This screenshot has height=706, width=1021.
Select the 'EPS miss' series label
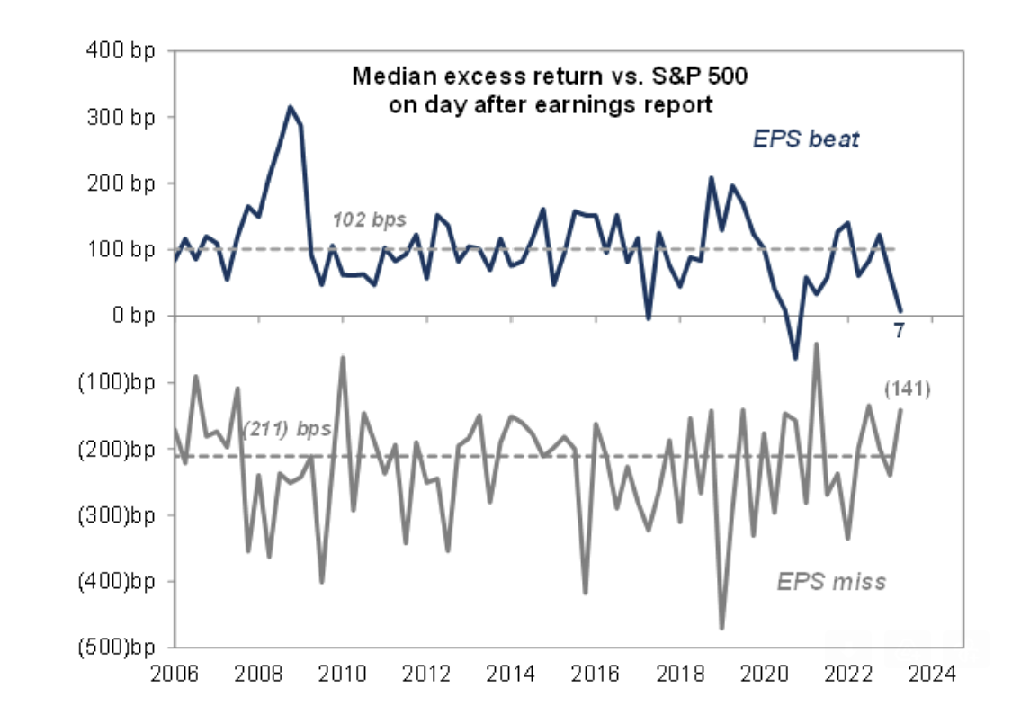pyautogui.click(x=831, y=581)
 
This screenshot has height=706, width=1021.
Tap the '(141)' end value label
pyautogui.click(x=906, y=389)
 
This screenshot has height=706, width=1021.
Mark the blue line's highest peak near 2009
pyautogui.click(x=290, y=106)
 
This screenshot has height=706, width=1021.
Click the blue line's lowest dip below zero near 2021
pyautogui.click(x=795, y=358)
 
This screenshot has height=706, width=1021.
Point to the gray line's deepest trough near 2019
pyautogui.click(x=721, y=628)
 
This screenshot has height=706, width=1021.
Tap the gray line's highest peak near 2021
pyautogui.click(x=816, y=344)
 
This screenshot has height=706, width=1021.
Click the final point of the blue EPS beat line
pyautogui.click(x=900, y=310)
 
